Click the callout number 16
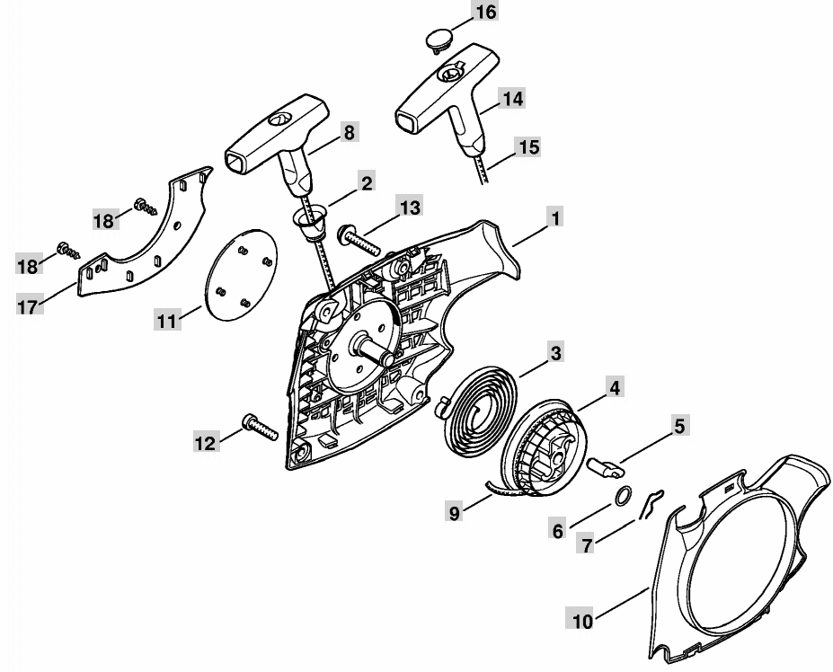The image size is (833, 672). coord(485,13)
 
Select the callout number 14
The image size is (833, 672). coord(513,99)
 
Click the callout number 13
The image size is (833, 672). coord(410,208)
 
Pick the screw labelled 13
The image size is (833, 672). coord(359,241)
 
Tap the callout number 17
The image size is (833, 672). coord(30,306)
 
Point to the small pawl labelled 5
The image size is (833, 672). coord(605,468)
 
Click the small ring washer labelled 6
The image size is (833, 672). coord(623,496)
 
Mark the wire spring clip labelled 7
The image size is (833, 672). coord(651,505)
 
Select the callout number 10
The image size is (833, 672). coord(583,621)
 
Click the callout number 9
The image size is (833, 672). coord(454,513)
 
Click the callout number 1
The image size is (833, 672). coord(555,218)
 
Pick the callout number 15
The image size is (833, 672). coord(527,147)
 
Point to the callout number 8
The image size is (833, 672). coord(349,132)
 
